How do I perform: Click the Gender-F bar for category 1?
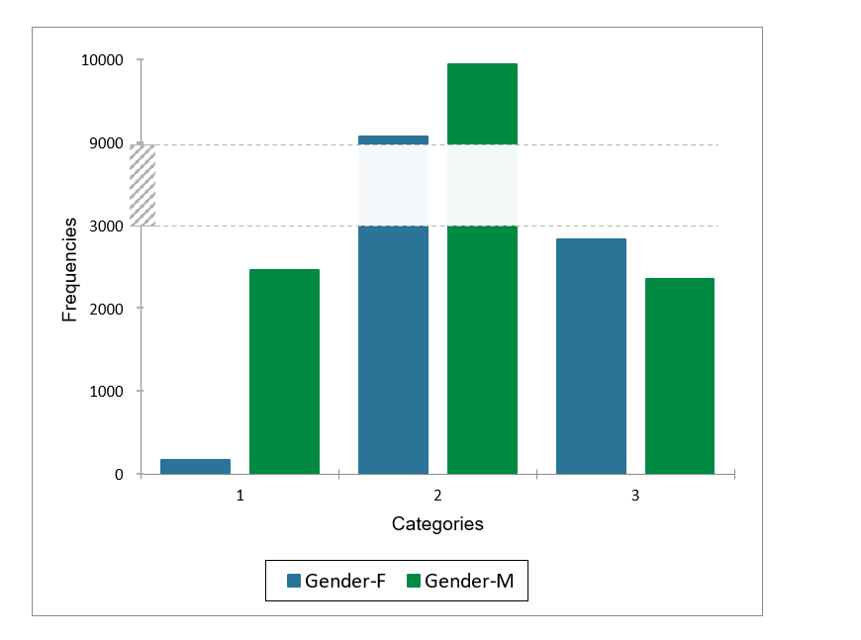click(195, 466)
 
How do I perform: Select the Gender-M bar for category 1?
click(284, 371)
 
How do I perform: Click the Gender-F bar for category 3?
click(591, 356)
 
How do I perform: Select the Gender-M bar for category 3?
click(680, 376)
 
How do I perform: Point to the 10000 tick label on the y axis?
click(102, 60)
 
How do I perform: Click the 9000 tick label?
click(106, 143)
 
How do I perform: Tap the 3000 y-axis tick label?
click(106, 226)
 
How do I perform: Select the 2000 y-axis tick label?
click(106, 309)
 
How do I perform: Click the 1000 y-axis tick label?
click(106, 392)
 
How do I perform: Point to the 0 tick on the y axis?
click(119, 475)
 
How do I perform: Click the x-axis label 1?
click(239, 495)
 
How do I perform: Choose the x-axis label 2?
click(437, 495)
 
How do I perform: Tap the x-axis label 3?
click(635, 495)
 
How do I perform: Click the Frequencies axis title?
click(69, 269)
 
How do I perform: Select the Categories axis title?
click(437, 524)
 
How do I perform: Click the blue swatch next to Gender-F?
click(293, 582)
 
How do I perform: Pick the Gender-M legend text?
click(469, 582)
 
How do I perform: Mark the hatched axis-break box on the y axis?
click(143, 185)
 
